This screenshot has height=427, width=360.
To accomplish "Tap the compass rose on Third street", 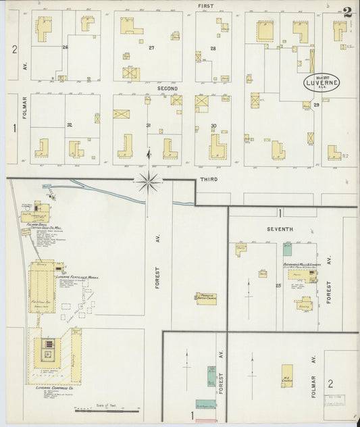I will [149, 180].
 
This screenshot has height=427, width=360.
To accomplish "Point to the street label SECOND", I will [168, 89].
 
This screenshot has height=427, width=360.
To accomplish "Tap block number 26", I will [66, 47].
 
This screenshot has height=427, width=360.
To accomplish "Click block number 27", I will [152, 47].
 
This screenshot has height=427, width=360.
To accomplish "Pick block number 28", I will [213, 48].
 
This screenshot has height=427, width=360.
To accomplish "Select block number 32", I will [69, 125].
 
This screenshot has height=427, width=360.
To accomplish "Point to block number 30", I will [213, 126].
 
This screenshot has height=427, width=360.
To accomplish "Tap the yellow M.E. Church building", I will [287, 376].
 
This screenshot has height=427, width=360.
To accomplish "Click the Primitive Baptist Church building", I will [206, 298].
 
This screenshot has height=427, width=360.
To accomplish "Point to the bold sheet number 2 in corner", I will [347, 11].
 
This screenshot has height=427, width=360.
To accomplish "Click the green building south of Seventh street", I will [287, 249].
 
